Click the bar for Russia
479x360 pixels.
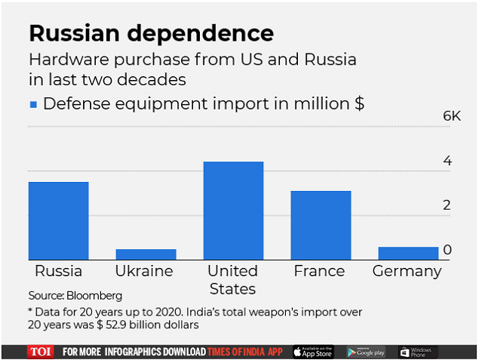(58, 220)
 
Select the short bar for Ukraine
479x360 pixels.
(146, 254)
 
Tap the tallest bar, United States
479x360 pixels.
(233, 211)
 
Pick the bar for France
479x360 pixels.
(321, 225)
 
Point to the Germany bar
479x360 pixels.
(408, 253)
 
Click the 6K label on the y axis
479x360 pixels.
(451, 116)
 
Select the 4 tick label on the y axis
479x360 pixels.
(447, 161)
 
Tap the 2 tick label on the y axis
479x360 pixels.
(447, 205)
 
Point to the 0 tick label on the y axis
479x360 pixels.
(447, 249)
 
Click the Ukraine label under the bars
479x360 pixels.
(144, 272)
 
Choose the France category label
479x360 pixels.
(319, 272)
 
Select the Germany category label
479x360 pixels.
(407, 272)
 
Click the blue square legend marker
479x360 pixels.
(33, 104)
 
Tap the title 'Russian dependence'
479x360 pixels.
(151, 34)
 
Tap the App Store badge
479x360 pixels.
(312, 352)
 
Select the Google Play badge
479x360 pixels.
(366, 352)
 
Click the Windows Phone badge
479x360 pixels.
(417, 352)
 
